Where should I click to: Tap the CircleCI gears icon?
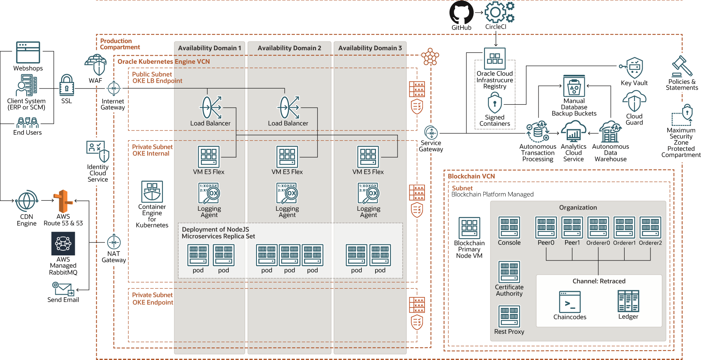(x=499, y=12)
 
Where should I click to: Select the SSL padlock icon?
(x=67, y=85)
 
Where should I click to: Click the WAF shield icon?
(x=96, y=65)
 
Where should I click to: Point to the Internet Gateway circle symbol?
(x=114, y=89)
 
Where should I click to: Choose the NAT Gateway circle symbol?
(x=114, y=242)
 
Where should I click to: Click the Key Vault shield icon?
(x=634, y=68)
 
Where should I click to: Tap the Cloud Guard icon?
(x=634, y=101)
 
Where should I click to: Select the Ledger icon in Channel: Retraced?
(x=628, y=301)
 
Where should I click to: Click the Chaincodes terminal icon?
(x=570, y=302)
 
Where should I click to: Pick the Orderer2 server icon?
(x=650, y=228)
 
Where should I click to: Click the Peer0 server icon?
(x=546, y=228)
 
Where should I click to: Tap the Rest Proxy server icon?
(x=509, y=316)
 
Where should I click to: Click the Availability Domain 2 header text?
(x=289, y=48)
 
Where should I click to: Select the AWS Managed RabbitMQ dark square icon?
(x=63, y=244)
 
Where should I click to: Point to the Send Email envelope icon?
(x=63, y=289)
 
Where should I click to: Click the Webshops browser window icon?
(x=28, y=52)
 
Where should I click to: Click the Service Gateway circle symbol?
(x=431, y=133)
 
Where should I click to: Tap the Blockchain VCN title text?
(x=471, y=176)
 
